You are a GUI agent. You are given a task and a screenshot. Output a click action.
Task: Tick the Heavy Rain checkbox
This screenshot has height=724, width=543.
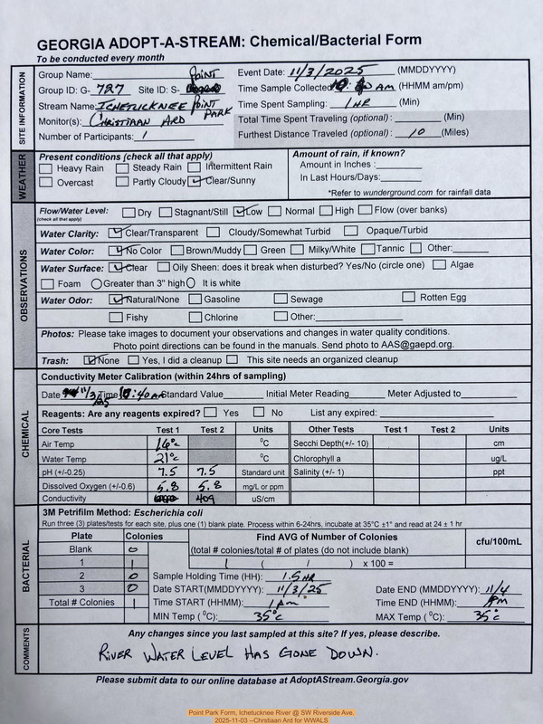pos(47,167)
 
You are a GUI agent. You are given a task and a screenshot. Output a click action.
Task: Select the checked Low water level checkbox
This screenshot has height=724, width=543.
pos(239,212)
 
